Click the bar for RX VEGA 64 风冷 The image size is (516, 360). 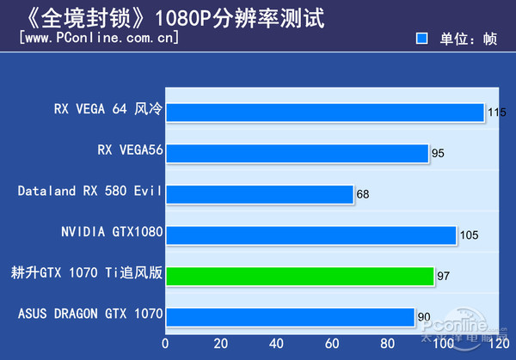pyautogui.click(x=324, y=112)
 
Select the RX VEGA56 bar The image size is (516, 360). pyautogui.click(x=297, y=153)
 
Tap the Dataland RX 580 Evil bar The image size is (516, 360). pyautogui.click(x=259, y=193)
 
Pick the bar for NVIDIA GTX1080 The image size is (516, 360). pyautogui.click(x=310, y=235)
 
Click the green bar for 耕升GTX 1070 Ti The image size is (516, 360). pyautogui.click(x=299, y=276)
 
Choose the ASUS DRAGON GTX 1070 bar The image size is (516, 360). pyautogui.click(x=290, y=316)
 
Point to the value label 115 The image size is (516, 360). pyautogui.click(x=496, y=113)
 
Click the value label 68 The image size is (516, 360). pyautogui.click(x=363, y=194)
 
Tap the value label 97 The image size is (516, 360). pyautogui.click(x=444, y=277)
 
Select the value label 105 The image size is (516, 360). pyautogui.click(x=468, y=235)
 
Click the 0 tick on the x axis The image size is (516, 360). pyautogui.click(x=165, y=344)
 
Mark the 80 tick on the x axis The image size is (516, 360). pyautogui.click(x=386, y=344)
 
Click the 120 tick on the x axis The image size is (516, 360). pyautogui.click(x=495, y=344)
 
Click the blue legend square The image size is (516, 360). pyautogui.click(x=421, y=39)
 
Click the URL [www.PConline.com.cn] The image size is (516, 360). pyautogui.click(x=99, y=38)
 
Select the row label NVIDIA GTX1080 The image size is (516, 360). pyautogui.click(x=112, y=233)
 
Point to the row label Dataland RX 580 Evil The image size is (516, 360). pyautogui.click(x=90, y=192)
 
